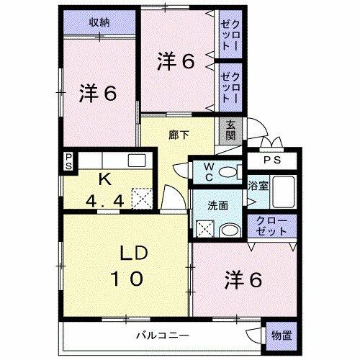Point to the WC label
click(207, 172)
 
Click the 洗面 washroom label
click(218, 205)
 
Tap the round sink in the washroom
click(229, 230)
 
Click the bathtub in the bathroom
click(283, 191)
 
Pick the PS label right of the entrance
click(271, 161)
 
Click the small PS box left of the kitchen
click(68, 162)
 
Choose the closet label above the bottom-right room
click(271, 225)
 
